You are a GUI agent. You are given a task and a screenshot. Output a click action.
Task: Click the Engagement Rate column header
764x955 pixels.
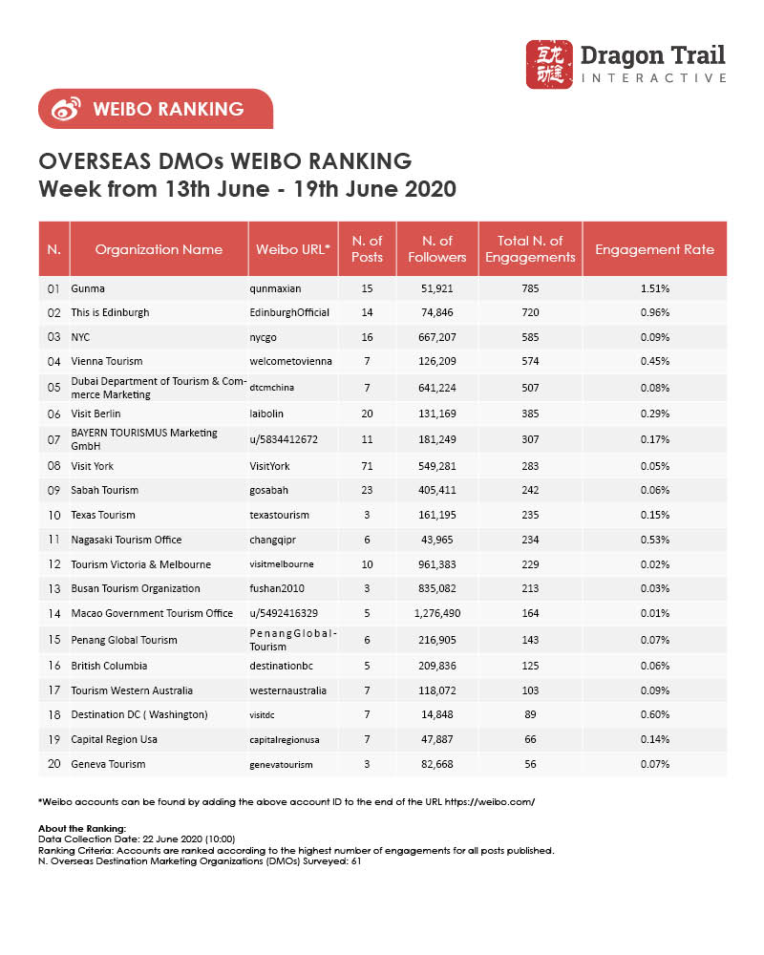coord(654,249)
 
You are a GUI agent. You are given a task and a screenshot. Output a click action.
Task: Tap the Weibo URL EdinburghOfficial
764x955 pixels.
coord(289,312)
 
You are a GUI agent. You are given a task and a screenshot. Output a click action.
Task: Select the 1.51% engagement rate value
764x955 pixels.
coord(655,287)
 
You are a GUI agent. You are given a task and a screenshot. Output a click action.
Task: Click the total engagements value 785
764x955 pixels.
coord(531,287)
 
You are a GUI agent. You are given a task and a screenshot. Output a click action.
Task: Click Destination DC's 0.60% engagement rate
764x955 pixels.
coord(655,714)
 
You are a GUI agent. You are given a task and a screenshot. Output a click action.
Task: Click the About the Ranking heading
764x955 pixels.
coord(74,828)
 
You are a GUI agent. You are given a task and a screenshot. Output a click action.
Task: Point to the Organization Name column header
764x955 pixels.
coord(159,249)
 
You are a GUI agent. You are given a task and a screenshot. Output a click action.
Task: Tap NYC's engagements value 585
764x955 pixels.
coord(531,337)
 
